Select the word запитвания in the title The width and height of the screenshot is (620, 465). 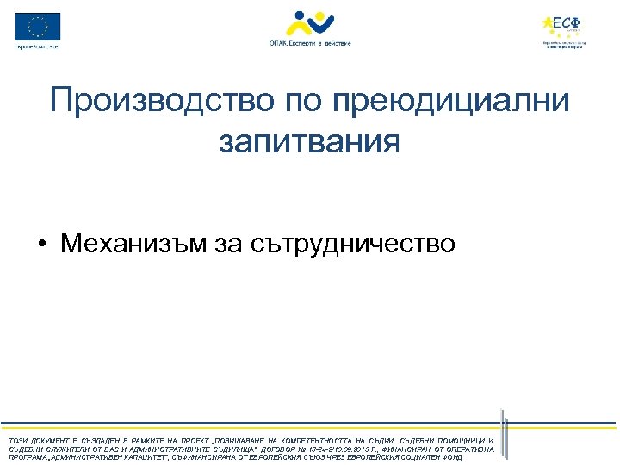(x=309, y=140)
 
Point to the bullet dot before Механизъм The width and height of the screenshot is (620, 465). (x=42, y=245)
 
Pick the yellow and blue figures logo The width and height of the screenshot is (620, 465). (x=309, y=22)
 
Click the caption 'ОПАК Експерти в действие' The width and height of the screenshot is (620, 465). (x=309, y=42)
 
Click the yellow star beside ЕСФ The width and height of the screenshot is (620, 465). (x=548, y=23)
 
